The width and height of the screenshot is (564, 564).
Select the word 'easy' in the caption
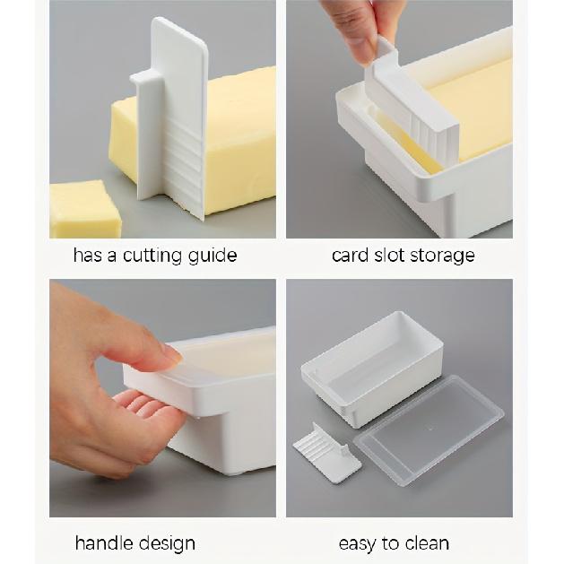click(357, 544)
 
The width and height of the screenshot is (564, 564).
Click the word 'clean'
click(428, 543)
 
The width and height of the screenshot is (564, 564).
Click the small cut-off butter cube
click(84, 209)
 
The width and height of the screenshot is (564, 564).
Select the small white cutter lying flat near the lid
click(326, 453)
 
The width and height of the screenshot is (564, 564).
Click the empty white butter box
click(372, 369)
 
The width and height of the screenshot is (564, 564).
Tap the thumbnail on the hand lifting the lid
click(171, 353)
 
